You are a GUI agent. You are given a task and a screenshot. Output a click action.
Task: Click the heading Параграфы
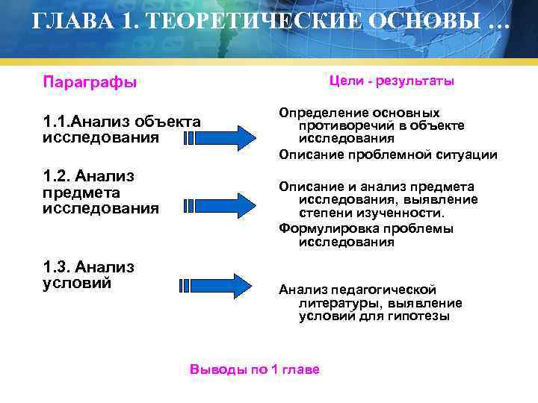pyautogui.click(x=90, y=82)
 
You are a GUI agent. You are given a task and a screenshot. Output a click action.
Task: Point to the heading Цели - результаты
pyautogui.click(x=392, y=81)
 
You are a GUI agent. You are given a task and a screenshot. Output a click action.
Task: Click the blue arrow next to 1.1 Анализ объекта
pyautogui.click(x=220, y=138)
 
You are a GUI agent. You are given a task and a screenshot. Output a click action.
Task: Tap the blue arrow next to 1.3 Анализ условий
pyautogui.click(x=217, y=285)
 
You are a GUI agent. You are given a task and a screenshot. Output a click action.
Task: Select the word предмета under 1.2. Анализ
pyautogui.click(x=78, y=193)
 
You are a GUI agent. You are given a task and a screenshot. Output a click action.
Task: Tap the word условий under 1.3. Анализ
pyautogui.click(x=78, y=284)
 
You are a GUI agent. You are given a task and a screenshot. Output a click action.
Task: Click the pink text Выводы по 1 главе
pyautogui.click(x=255, y=369)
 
